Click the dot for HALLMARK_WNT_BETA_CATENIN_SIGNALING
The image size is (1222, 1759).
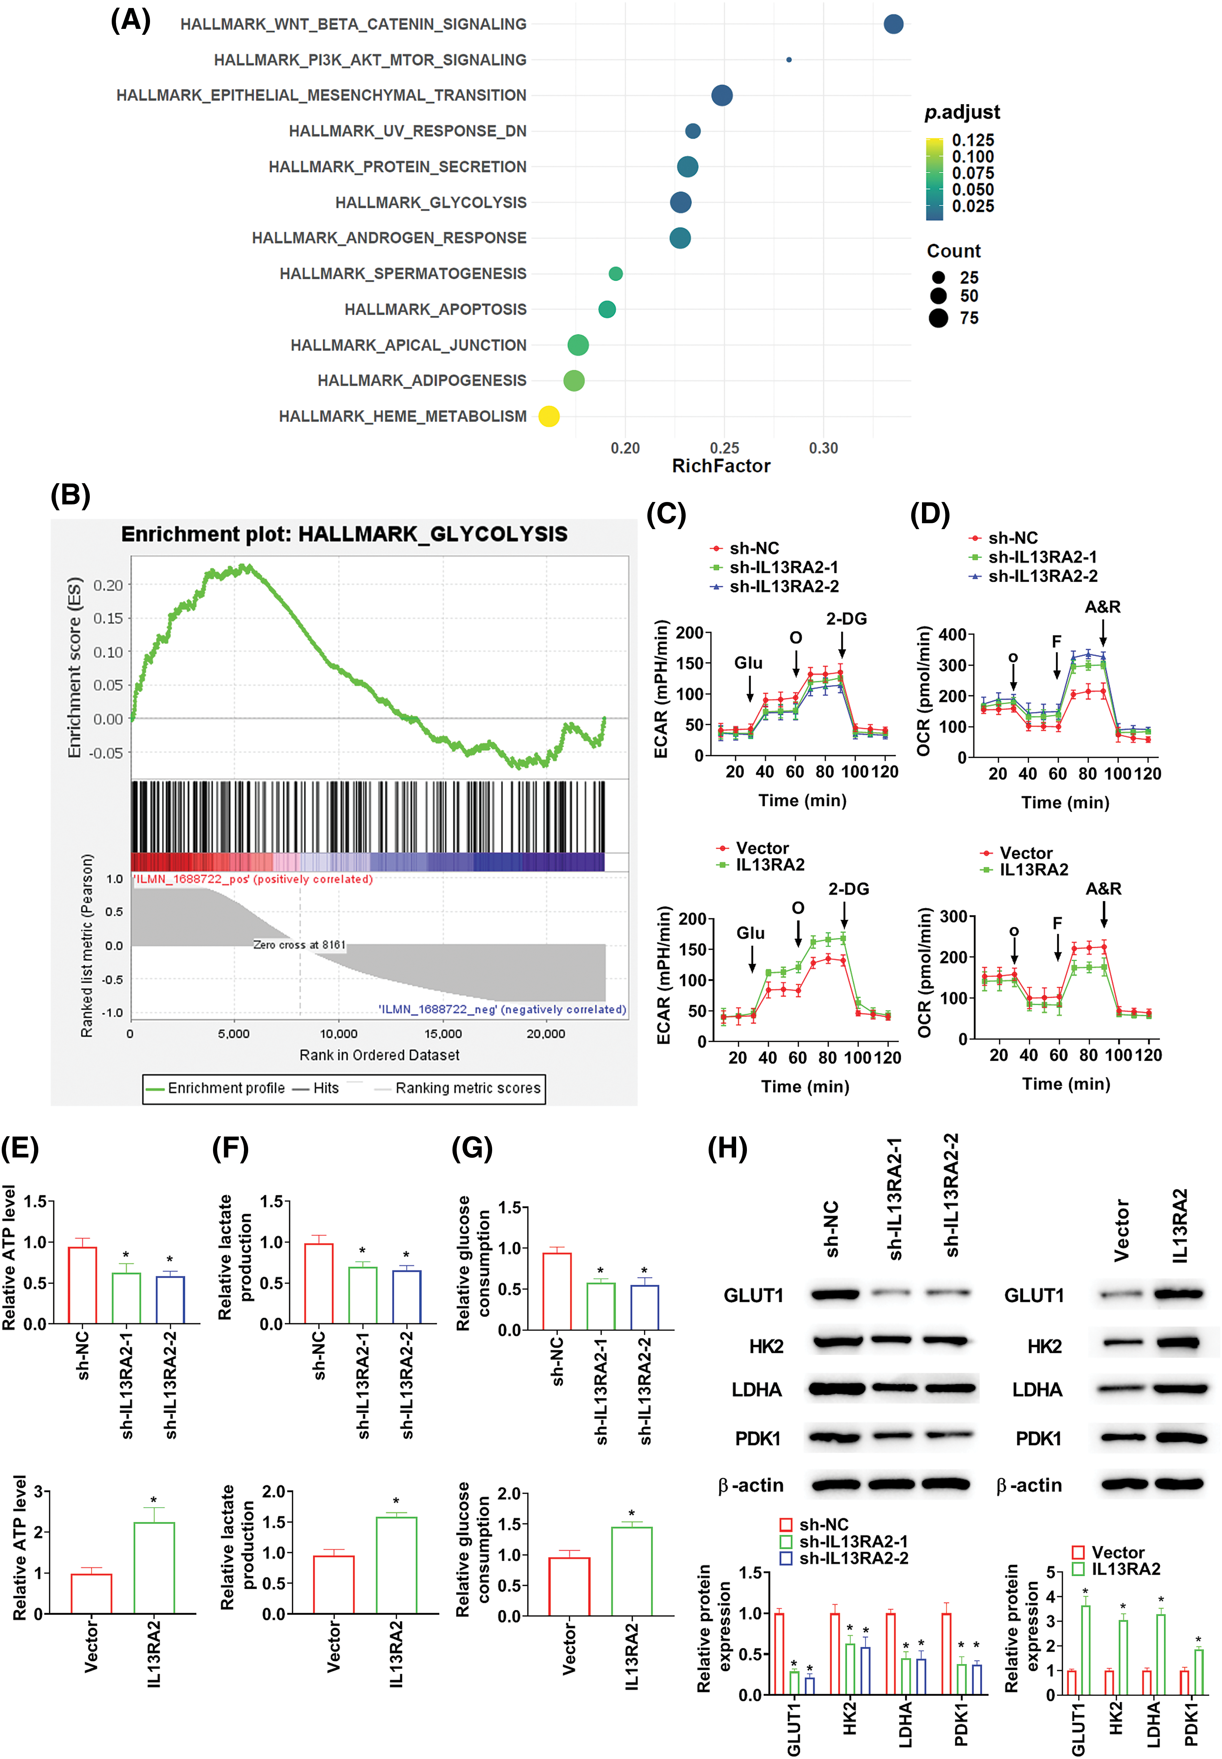pyautogui.click(x=893, y=24)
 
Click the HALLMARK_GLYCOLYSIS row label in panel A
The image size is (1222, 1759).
pyautogui.click(x=430, y=202)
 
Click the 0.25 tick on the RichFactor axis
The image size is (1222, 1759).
pyautogui.click(x=724, y=448)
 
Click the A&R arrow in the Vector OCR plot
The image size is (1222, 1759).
pyautogui.click(x=1103, y=913)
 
